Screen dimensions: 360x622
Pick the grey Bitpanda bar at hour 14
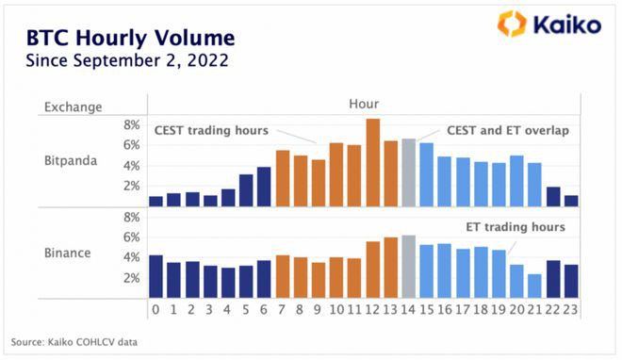click(x=408, y=172)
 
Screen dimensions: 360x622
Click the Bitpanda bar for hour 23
click(x=570, y=200)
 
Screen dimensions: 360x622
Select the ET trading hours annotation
click(x=516, y=227)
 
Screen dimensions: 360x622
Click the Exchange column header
click(x=73, y=107)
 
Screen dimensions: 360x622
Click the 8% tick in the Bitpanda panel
click(x=131, y=124)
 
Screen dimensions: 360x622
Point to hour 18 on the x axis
click(x=480, y=307)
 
